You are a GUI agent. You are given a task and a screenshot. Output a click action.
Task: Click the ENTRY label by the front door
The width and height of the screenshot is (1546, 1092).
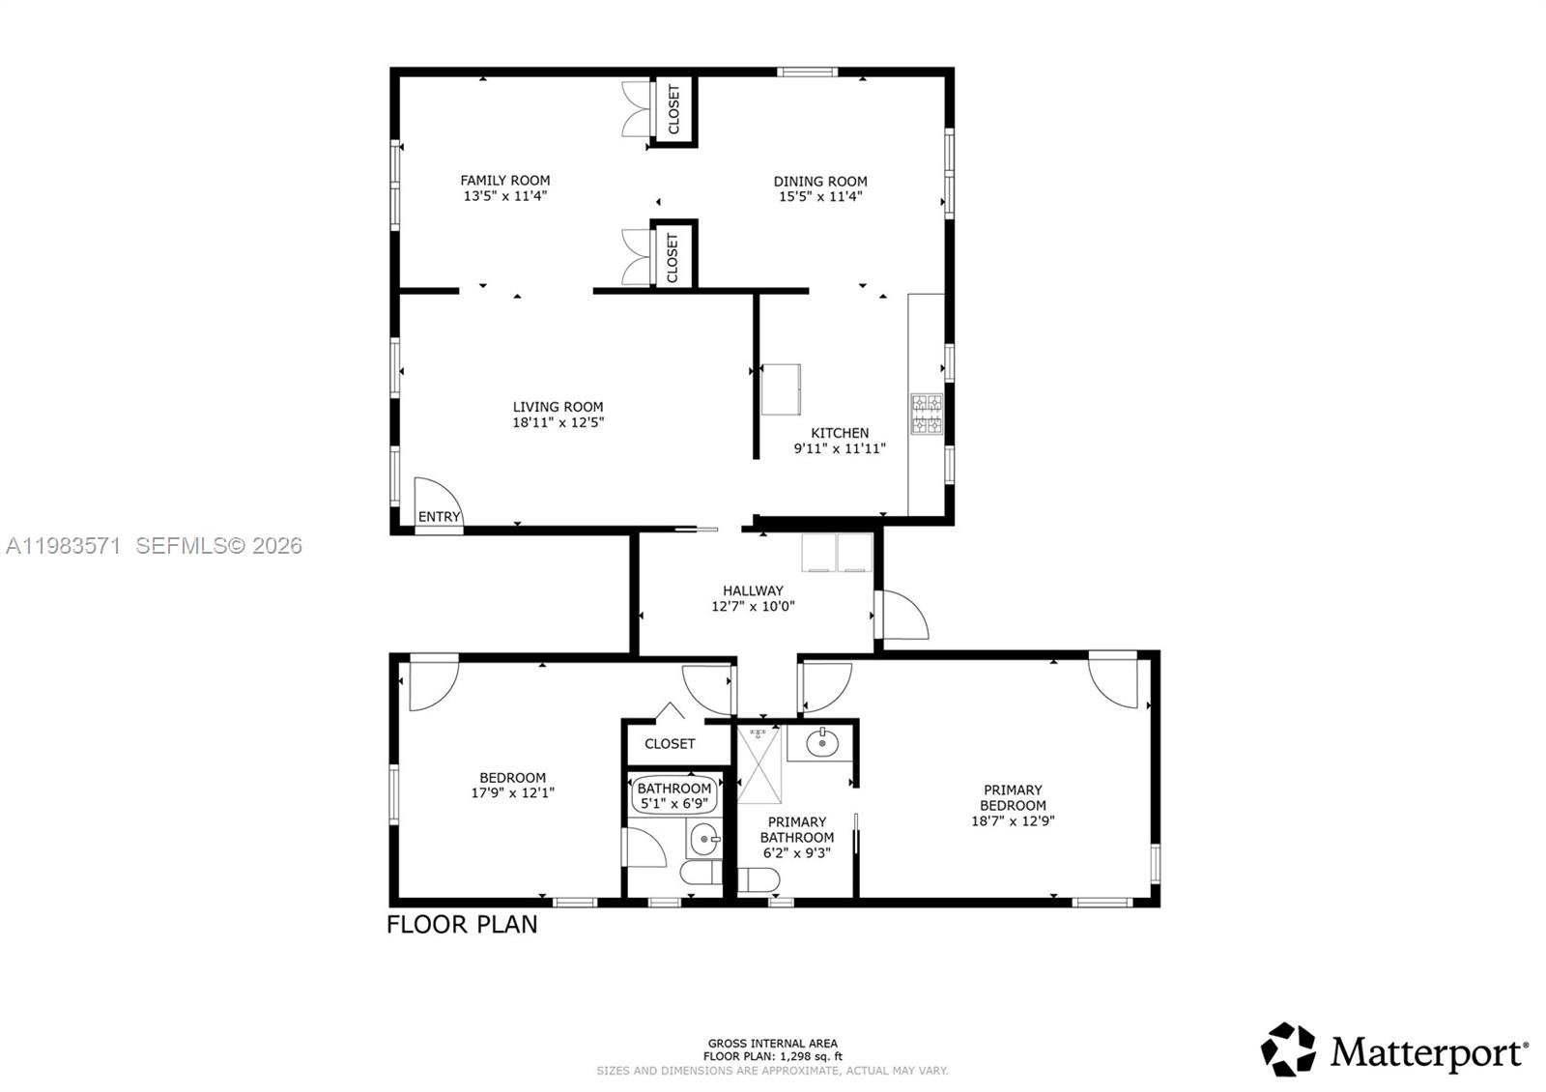439,517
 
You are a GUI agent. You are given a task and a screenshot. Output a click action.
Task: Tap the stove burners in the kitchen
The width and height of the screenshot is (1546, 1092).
927,413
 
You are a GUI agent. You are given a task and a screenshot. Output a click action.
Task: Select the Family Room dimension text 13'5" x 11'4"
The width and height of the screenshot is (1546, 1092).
505,196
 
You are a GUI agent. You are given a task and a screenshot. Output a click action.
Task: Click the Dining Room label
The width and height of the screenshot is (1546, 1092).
820,181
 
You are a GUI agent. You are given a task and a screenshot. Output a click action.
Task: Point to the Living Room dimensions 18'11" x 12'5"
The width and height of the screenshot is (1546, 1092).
558,422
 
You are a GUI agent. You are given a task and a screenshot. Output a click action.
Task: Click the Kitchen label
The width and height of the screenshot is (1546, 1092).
839,433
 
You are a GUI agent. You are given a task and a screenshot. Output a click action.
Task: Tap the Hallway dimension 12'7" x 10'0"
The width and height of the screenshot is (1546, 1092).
753,607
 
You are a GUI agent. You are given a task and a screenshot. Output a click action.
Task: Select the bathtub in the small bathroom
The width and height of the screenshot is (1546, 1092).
674,795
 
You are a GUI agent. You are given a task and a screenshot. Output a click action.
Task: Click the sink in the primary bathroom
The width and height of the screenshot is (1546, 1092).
821,743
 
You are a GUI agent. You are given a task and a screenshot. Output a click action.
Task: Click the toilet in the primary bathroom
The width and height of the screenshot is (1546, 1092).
758,880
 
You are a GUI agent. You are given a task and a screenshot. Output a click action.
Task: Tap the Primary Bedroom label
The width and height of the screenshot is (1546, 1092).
1013,797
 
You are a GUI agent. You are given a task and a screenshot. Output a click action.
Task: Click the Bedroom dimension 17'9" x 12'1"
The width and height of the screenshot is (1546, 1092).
512,793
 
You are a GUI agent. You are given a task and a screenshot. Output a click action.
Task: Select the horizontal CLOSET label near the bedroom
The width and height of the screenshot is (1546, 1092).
670,744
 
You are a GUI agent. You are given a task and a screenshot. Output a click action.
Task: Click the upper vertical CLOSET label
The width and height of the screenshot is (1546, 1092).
673,109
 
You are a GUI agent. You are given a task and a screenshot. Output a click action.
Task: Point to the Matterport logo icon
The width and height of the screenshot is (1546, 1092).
1288,1049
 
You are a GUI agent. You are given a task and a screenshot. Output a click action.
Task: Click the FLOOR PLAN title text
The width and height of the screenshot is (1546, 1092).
462,925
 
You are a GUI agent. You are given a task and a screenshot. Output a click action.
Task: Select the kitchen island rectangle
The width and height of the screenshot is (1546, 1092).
781,389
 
